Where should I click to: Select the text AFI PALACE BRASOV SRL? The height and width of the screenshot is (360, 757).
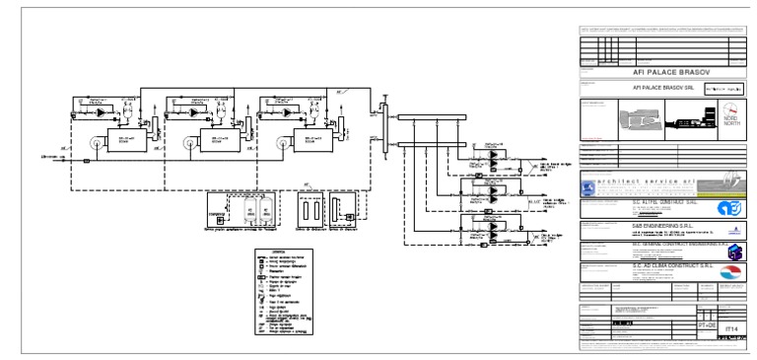point(652,87)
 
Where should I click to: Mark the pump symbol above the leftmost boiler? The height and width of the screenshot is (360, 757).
point(102,113)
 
